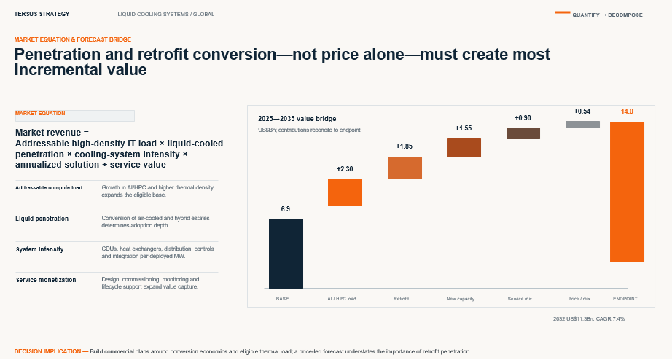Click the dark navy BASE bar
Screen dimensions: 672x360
[286, 254]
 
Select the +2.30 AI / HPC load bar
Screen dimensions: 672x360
[345, 192]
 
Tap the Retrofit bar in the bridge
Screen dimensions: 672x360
[405, 168]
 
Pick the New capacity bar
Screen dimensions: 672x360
[464, 148]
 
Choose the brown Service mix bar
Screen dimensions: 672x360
[523, 133]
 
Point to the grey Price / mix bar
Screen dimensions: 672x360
[582, 125]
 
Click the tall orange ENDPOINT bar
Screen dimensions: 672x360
[627, 192]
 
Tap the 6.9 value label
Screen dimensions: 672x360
[286, 209]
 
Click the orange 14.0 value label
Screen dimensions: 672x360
[627, 111]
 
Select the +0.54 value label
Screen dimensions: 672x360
[582, 111]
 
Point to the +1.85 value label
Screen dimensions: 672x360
[404, 146]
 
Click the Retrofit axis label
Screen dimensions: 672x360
[401, 299]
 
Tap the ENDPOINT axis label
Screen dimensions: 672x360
[625, 299]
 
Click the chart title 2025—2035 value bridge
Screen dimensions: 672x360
[297, 119]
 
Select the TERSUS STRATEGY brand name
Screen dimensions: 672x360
[42, 14]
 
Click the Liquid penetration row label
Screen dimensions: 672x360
[42, 219]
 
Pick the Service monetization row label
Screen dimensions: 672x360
[46, 280]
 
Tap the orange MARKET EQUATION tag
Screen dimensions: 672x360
[40, 114]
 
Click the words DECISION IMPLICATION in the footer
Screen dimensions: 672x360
[47, 351]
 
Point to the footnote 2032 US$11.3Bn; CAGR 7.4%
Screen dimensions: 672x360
[589, 319]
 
